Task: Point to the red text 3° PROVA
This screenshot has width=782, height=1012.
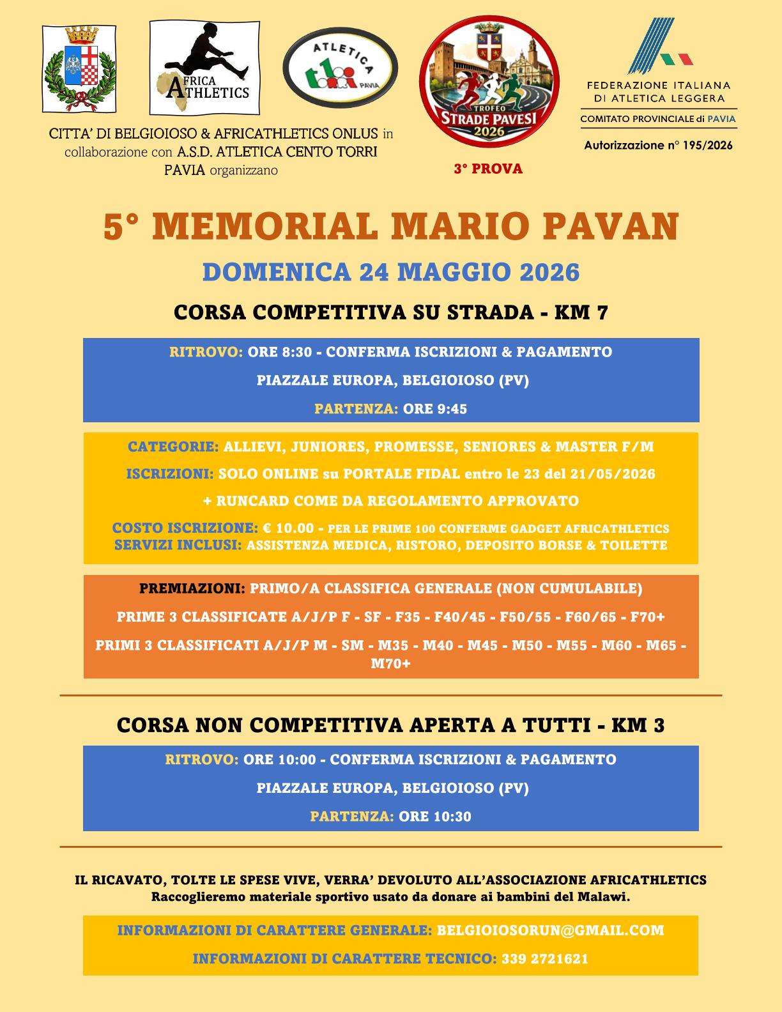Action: click(x=488, y=169)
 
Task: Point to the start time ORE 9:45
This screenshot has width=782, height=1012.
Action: click(x=435, y=409)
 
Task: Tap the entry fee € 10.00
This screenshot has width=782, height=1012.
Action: click(x=288, y=528)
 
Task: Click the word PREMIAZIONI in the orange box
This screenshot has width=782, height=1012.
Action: click(x=192, y=588)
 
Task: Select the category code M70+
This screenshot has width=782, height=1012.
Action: click(x=391, y=664)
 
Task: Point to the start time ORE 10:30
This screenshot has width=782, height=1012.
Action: click(x=435, y=816)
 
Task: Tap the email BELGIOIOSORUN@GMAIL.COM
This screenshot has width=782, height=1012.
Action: click(x=550, y=930)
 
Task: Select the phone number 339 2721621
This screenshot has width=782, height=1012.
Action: click(x=545, y=959)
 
